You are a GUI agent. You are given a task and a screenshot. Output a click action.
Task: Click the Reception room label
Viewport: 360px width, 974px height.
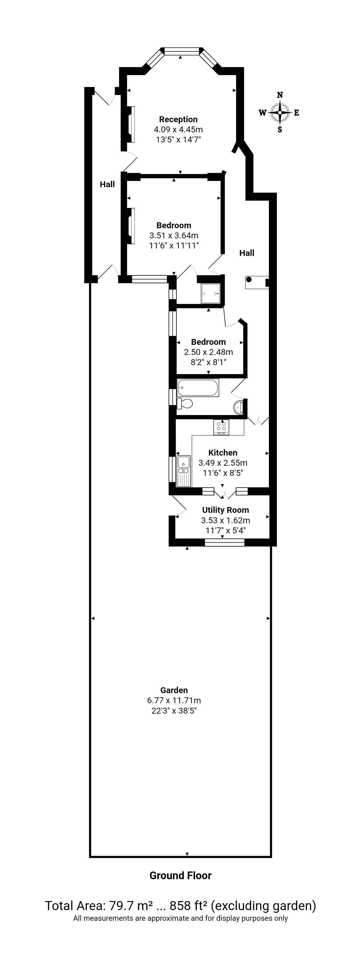pos(178,120)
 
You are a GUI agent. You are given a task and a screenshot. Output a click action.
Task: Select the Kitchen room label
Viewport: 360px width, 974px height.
pos(223,453)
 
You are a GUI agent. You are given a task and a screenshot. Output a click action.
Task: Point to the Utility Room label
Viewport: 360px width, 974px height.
pos(225,510)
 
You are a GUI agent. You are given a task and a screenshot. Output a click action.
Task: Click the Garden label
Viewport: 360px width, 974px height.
pos(174,690)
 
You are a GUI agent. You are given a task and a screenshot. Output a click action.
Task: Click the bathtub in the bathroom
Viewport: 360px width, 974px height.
pos(198,388)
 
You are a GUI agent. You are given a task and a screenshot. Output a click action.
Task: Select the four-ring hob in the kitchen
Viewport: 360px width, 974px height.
pos(221,427)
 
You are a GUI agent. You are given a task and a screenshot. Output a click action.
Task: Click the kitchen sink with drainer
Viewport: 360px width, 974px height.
pos(184,471)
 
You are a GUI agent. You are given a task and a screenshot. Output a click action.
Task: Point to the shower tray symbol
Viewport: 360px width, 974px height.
pos(211,293)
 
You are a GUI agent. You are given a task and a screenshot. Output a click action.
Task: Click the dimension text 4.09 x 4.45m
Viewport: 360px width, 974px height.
pos(178,129)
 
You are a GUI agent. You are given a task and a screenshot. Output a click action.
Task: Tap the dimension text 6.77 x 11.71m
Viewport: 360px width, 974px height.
pos(174,700)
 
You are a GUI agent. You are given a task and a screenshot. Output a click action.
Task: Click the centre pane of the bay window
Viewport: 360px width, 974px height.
pos(182,51)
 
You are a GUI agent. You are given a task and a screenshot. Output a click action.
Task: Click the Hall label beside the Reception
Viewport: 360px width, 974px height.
pos(107,185)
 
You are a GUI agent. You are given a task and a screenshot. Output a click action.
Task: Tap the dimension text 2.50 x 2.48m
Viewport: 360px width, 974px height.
pos(208,352)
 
